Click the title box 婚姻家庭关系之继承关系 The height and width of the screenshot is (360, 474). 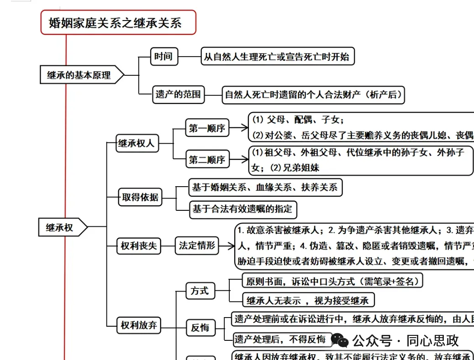[x=118, y=23]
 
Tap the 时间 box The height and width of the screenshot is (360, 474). [x=163, y=57]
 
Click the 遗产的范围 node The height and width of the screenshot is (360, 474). [x=178, y=95]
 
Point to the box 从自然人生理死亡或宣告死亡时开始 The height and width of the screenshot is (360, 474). [x=277, y=57]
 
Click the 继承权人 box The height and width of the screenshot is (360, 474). [x=137, y=143]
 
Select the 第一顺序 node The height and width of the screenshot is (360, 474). [x=207, y=128]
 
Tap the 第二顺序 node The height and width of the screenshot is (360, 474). [x=207, y=160]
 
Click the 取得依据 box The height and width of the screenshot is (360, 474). [x=140, y=197]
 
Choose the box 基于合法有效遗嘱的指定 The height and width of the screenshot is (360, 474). [x=243, y=209]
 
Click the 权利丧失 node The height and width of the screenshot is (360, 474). [x=138, y=246]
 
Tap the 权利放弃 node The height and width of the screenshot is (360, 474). [x=138, y=325]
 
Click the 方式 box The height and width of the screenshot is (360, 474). [x=200, y=291]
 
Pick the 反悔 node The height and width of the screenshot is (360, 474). [x=200, y=327]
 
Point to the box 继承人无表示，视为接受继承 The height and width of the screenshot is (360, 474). [x=308, y=300]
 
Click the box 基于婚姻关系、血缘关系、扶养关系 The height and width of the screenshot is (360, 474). [x=265, y=187]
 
